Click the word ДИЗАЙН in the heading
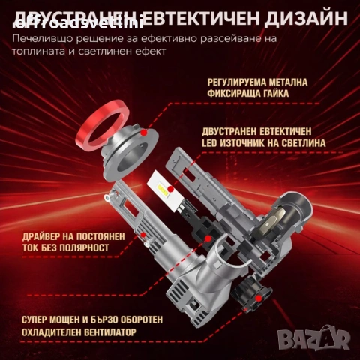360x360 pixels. tap(299, 17)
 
